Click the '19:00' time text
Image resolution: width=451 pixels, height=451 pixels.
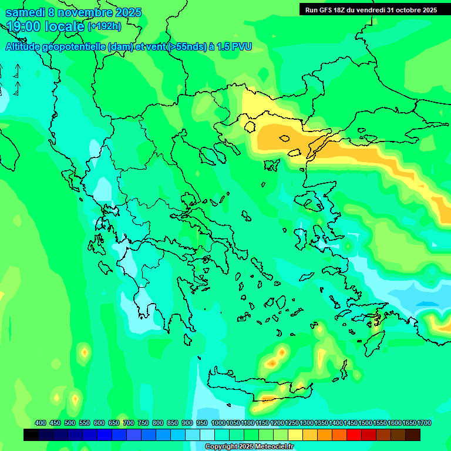24,26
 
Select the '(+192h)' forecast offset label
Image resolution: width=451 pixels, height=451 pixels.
104,26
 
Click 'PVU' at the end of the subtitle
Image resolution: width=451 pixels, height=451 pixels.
241,46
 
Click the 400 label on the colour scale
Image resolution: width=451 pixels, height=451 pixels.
40,423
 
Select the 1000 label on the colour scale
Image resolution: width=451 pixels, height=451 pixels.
218,423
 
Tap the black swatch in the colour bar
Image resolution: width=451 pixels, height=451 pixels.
31,435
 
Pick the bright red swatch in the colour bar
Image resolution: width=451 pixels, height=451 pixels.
354,435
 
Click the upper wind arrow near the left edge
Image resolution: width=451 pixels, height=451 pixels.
16,70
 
